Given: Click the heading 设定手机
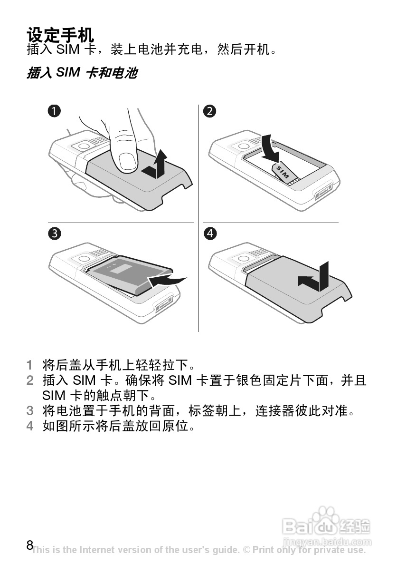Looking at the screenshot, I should click(x=60, y=35).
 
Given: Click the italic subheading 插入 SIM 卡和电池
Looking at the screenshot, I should click(x=82, y=73).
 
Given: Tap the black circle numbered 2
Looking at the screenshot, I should click(x=209, y=111).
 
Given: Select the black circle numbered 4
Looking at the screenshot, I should click(x=209, y=234).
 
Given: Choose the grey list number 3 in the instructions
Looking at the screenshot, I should click(x=29, y=410).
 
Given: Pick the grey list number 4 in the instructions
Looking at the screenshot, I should click(x=29, y=425).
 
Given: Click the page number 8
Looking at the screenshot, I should click(x=30, y=545).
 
